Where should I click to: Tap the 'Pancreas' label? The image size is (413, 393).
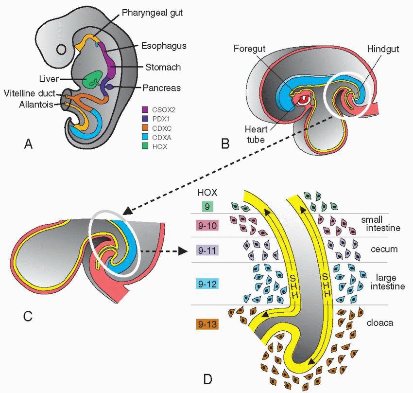[162, 88]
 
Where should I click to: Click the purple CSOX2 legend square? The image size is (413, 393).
[145, 109]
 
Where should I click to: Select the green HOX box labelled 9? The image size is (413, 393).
[207, 207]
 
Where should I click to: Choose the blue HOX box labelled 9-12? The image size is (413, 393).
[207, 283]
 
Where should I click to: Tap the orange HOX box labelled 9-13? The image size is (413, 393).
[207, 323]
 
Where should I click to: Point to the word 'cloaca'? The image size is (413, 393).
[381, 322]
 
